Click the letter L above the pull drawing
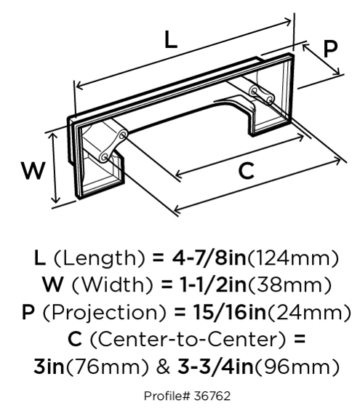click(x=171, y=39)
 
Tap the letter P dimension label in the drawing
click(x=330, y=49)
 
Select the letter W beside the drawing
click(x=33, y=170)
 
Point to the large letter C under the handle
click(x=246, y=171)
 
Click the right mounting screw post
click(x=261, y=95)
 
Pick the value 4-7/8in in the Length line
click(x=209, y=257)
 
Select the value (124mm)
click(x=293, y=258)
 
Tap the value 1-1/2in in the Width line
click(x=213, y=284)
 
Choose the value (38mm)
click(x=289, y=285)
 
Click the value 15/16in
click(x=229, y=312)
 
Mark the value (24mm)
click(x=309, y=312)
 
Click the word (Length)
click(x=99, y=258)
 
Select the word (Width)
click(x=112, y=285)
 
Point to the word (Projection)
click(x=104, y=313)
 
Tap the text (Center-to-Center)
click(x=188, y=340)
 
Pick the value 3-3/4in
click(x=215, y=366)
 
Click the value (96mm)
click(x=297, y=367)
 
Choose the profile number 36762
click(x=212, y=396)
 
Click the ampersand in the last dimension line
click(x=163, y=367)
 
